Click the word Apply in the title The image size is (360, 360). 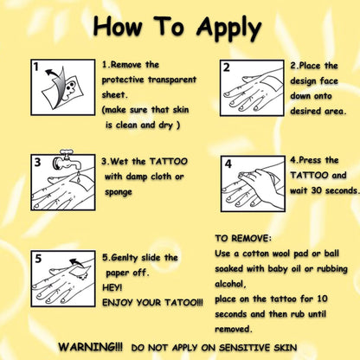pyautogui.click(x=228, y=29)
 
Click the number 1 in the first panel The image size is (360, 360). pyautogui.click(x=35, y=67)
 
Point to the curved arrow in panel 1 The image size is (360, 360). pyautogui.click(x=55, y=74)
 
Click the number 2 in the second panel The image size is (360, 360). pyautogui.click(x=227, y=67)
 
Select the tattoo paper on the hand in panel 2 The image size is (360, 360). pyautogui.click(x=271, y=82)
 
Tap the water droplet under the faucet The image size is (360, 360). pyautogui.click(x=79, y=177)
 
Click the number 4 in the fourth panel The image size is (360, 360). pyautogui.click(x=228, y=164)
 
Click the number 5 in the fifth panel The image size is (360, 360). pyautogui.click(x=38, y=259)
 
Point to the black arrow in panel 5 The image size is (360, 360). pyautogui.click(x=76, y=262)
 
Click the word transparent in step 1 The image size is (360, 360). pyautogui.click(x=172, y=80)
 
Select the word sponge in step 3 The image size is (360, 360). pyautogui.click(x=119, y=192)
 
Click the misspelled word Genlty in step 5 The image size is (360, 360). pyautogui.click(x=120, y=258)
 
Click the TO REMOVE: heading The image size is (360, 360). pyautogui.click(x=243, y=238)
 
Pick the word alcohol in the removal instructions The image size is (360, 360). pyautogui.click(x=230, y=284)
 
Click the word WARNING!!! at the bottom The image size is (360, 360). pyautogui.click(x=90, y=346)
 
